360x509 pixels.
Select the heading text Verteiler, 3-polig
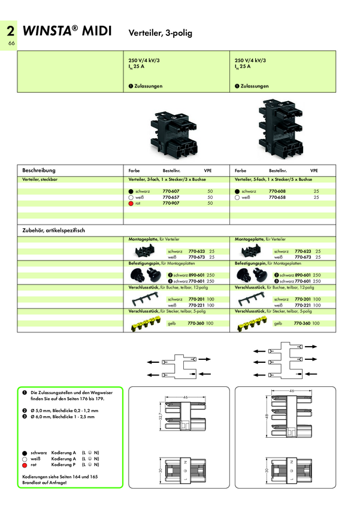point(161,33)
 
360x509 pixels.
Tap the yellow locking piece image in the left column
point(144,324)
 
